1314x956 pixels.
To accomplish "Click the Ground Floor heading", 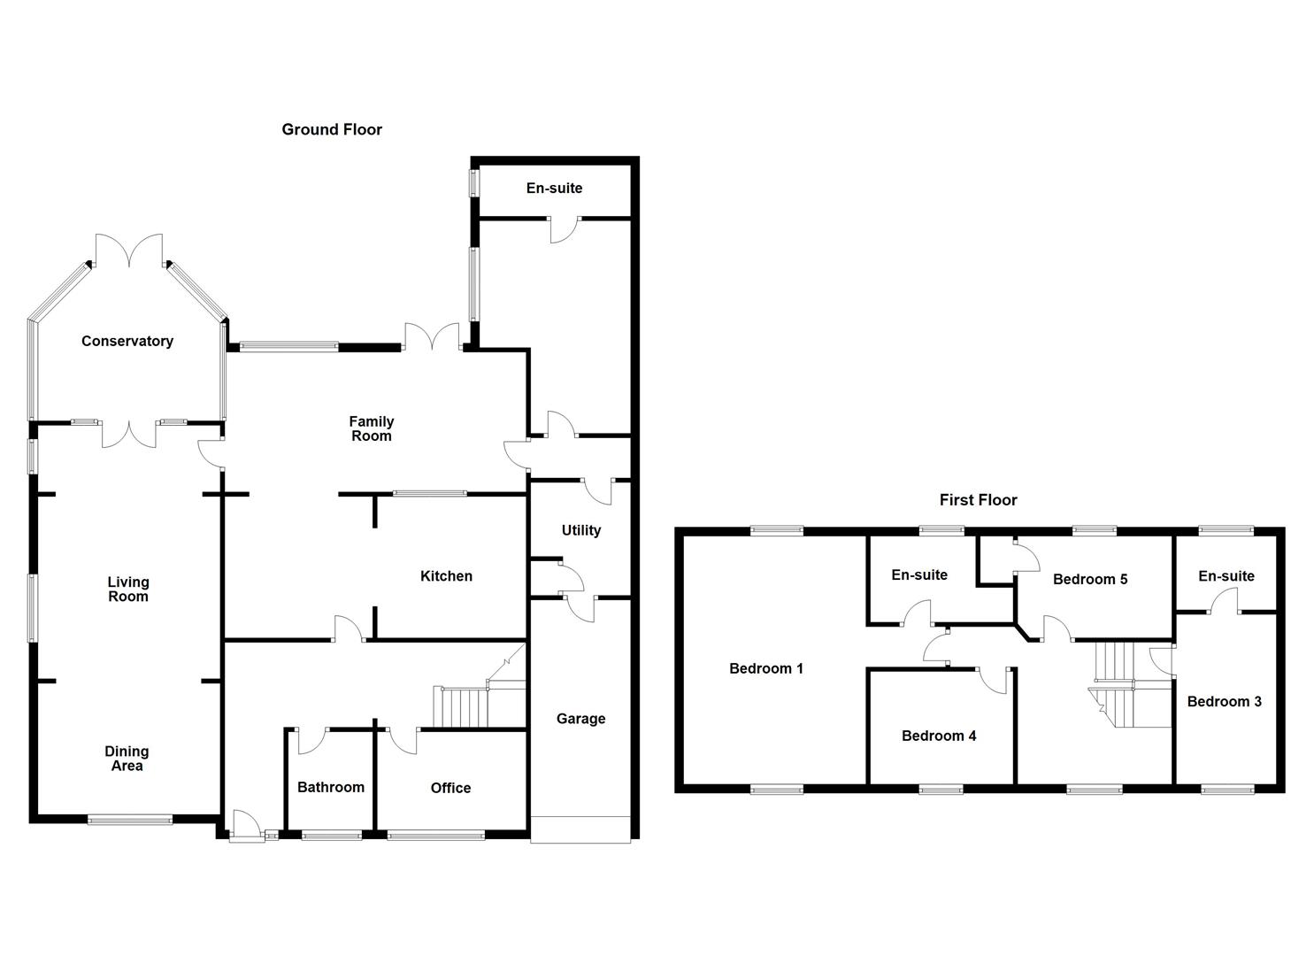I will [x=332, y=129].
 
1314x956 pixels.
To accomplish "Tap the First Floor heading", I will [x=978, y=500].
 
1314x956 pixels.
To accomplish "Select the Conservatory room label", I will [x=127, y=341].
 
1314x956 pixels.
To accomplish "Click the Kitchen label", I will [x=446, y=576].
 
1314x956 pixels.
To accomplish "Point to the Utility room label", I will [x=581, y=530].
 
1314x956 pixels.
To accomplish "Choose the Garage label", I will [x=580, y=719].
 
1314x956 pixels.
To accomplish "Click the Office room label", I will [x=450, y=788].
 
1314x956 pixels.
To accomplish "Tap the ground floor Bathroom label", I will [x=331, y=787].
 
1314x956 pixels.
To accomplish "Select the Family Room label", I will [x=372, y=428].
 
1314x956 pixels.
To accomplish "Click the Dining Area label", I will [x=127, y=759].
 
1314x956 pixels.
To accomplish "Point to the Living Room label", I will [x=128, y=589].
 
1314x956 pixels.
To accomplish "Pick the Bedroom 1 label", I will [x=766, y=668].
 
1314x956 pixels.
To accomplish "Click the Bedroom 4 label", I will [x=939, y=736].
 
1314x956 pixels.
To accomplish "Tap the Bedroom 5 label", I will [x=1090, y=579].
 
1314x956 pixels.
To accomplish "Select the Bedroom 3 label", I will [x=1225, y=701].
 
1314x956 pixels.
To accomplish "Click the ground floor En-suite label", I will [x=554, y=188].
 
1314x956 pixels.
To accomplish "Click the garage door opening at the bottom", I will [x=580, y=829].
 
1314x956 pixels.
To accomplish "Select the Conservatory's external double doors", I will [x=129, y=251].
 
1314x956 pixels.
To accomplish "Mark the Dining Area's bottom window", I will [x=130, y=821].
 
